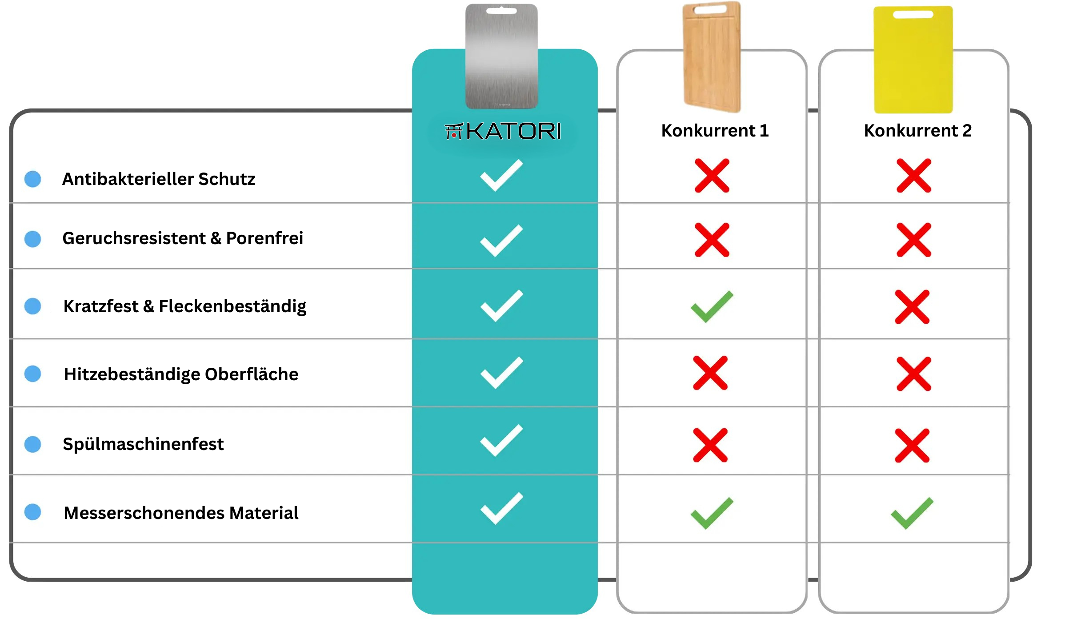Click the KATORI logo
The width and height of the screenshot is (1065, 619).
(x=503, y=132)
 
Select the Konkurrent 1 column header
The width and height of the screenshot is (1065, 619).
(x=715, y=131)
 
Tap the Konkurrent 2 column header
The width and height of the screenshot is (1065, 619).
(x=917, y=131)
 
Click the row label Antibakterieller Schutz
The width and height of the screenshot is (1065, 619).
(x=159, y=179)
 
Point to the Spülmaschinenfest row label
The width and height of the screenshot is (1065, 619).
(x=143, y=444)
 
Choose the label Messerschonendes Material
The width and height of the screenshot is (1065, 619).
(x=181, y=513)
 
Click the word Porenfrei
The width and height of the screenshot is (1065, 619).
(x=264, y=238)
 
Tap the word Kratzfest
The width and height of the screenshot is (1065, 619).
(x=101, y=306)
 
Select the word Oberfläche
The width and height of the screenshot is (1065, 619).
(x=252, y=374)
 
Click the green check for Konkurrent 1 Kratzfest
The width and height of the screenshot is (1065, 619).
(x=712, y=306)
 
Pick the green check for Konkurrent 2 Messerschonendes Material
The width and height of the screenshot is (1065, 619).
(x=912, y=513)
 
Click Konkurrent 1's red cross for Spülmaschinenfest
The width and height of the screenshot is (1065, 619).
(x=710, y=445)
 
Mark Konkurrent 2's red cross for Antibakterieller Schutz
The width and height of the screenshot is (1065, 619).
(x=913, y=176)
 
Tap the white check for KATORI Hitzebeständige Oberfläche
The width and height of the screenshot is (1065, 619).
(x=502, y=373)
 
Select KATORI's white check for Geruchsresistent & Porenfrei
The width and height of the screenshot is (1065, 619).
(x=501, y=241)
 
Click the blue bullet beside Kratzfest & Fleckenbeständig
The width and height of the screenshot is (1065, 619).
(x=33, y=306)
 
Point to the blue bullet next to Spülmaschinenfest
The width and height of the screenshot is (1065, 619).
(x=33, y=444)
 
